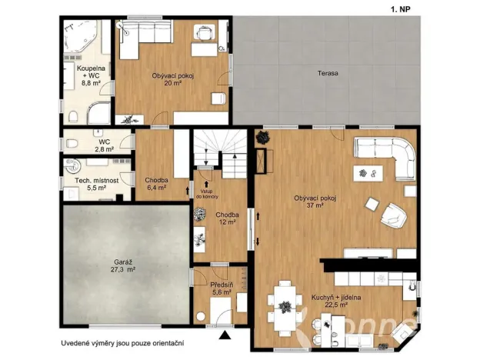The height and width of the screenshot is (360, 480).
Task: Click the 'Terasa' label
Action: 328,73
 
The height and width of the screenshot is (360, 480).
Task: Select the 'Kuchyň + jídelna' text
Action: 336,296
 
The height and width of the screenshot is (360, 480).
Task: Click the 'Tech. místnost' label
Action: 95,181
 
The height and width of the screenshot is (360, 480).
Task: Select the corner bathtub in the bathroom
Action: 81,38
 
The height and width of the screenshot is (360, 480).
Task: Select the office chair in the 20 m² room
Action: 204,32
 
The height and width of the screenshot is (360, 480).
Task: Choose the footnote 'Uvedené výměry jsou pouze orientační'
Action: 123,343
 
